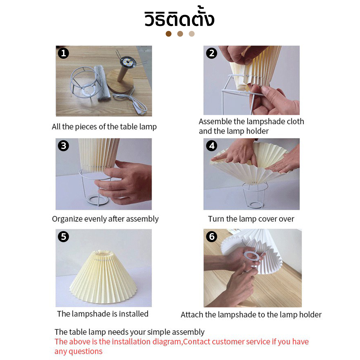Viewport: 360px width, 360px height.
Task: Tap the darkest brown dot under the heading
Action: (169, 34)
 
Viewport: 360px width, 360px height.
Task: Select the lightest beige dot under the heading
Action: (192, 34)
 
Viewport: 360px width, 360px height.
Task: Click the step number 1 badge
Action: (64, 53)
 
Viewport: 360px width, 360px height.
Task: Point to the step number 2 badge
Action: (212, 53)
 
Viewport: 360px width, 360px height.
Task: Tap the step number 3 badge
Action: (64, 146)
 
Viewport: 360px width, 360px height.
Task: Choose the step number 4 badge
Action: (212, 146)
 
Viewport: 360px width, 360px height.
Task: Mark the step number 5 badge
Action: (64, 236)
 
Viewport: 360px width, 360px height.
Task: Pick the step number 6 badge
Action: (212, 236)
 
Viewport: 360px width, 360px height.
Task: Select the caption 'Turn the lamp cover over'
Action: (251, 219)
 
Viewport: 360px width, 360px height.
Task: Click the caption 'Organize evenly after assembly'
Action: (105, 219)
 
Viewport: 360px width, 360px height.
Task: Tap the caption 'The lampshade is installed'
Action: (103, 314)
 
